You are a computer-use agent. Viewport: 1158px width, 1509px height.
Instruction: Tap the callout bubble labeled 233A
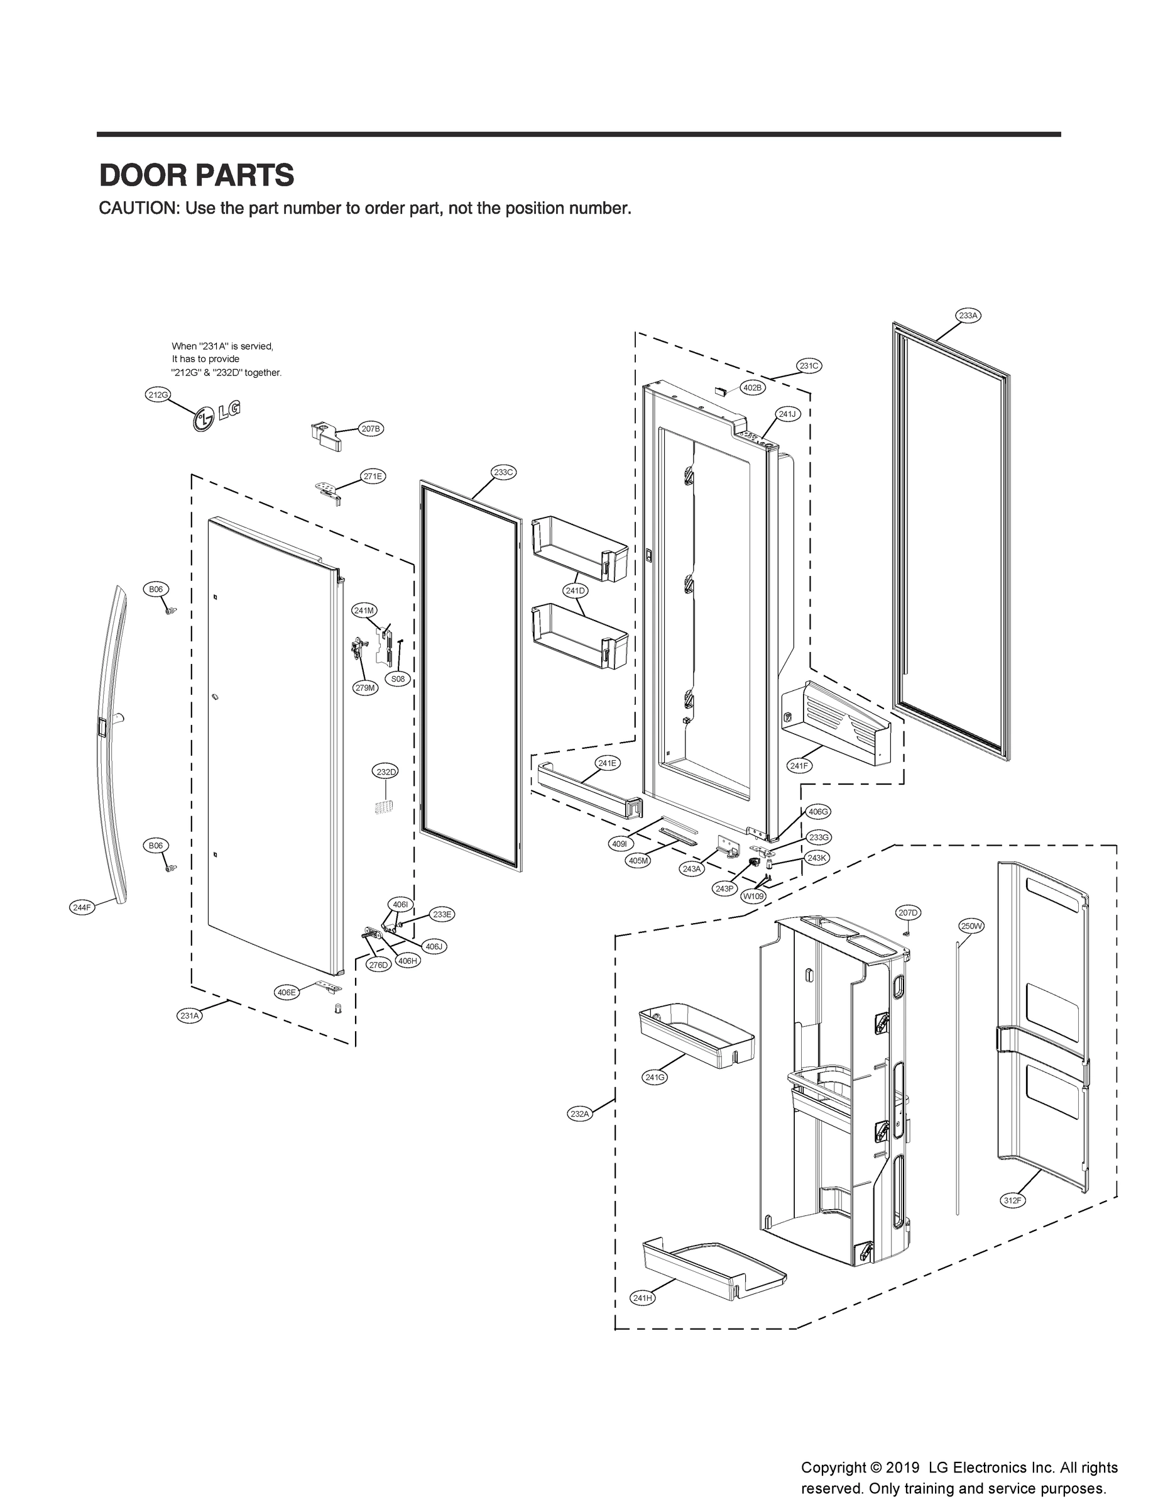click(x=968, y=315)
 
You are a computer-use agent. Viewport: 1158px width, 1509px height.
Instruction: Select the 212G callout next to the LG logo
click(x=157, y=394)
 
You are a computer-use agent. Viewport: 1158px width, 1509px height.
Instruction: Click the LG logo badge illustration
click(x=217, y=416)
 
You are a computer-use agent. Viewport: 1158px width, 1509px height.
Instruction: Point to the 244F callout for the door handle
click(x=81, y=908)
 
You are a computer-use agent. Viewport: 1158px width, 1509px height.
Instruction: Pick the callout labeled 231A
click(x=190, y=1015)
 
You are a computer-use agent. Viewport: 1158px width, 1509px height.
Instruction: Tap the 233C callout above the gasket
click(x=503, y=472)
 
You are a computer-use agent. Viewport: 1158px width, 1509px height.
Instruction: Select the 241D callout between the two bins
click(x=574, y=590)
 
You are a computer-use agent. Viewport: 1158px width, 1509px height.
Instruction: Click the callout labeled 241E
click(x=606, y=763)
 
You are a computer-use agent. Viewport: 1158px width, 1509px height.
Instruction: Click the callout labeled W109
click(x=753, y=897)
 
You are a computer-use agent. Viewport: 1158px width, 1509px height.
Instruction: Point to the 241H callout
click(x=642, y=1298)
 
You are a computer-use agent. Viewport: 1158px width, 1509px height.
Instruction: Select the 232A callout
click(x=580, y=1113)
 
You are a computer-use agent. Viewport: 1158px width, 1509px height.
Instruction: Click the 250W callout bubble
click(x=971, y=926)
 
